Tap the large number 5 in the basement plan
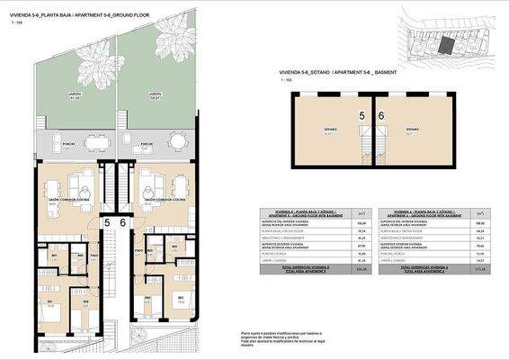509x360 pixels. tap(362, 116)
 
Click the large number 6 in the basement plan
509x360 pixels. tap(381, 116)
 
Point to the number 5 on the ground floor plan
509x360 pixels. tap(107, 222)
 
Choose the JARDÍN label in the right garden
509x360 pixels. tap(155, 94)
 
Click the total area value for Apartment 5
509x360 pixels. tap(337, 269)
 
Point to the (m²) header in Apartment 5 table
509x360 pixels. tap(336, 214)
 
